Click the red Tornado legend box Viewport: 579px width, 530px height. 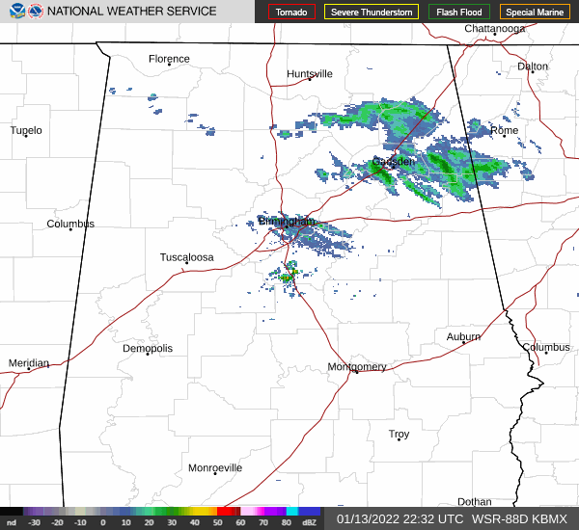tap(291, 13)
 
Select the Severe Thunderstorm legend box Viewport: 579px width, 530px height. tap(371, 13)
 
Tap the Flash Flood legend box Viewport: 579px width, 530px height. tap(458, 13)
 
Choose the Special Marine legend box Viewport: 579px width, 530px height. tap(535, 13)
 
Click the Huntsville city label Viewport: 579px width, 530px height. tap(310, 73)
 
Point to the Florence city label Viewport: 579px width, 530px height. tap(169, 59)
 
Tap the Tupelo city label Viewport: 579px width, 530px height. tap(26, 130)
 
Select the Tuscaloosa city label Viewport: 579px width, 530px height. tap(186, 257)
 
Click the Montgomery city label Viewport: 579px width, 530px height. tap(357, 366)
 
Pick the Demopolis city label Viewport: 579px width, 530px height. tap(148, 348)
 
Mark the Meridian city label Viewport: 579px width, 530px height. tap(28, 362)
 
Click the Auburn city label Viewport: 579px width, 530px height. tap(463, 336)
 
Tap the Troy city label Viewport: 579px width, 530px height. tap(399, 435)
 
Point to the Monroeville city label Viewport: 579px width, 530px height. tap(215, 467)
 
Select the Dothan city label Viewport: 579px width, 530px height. tap(474, 501)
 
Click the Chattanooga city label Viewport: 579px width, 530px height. tap(494, 29)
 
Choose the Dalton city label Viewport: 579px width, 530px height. tap(533, 66)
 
